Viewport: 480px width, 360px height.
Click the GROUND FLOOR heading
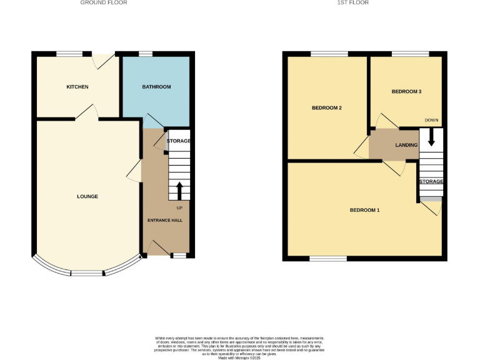[x=104, y=3]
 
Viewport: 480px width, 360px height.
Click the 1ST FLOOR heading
[x=353, y=3]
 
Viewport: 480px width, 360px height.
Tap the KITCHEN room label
[x=77, y=87]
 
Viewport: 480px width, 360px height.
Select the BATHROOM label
[x=156, y=87]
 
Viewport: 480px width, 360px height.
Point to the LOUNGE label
[x=87, y=197]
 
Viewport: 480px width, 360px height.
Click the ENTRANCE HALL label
[x=164, y=221]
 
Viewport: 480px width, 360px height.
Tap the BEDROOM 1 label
[x=364, y=210]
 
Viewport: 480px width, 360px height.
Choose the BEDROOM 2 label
[x=327, y=108]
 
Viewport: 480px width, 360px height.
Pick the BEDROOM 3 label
[x=406, y=92]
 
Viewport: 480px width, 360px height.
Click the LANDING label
[x=406, y=145]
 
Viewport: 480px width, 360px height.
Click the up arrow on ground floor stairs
[x=180, y=190]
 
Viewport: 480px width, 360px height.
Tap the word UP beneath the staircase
[x=180, y=208]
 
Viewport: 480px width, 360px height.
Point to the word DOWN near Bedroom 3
[x=431, y=120]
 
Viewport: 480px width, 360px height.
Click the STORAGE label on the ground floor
[x=179, y=141]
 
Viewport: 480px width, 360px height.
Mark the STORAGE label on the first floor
[x=431, y=181]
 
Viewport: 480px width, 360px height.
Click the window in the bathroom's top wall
[x=146, y=54]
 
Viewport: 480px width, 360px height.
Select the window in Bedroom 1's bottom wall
[x=329, y=258]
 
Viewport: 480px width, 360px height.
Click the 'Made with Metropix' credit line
[x=239, y=356]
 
